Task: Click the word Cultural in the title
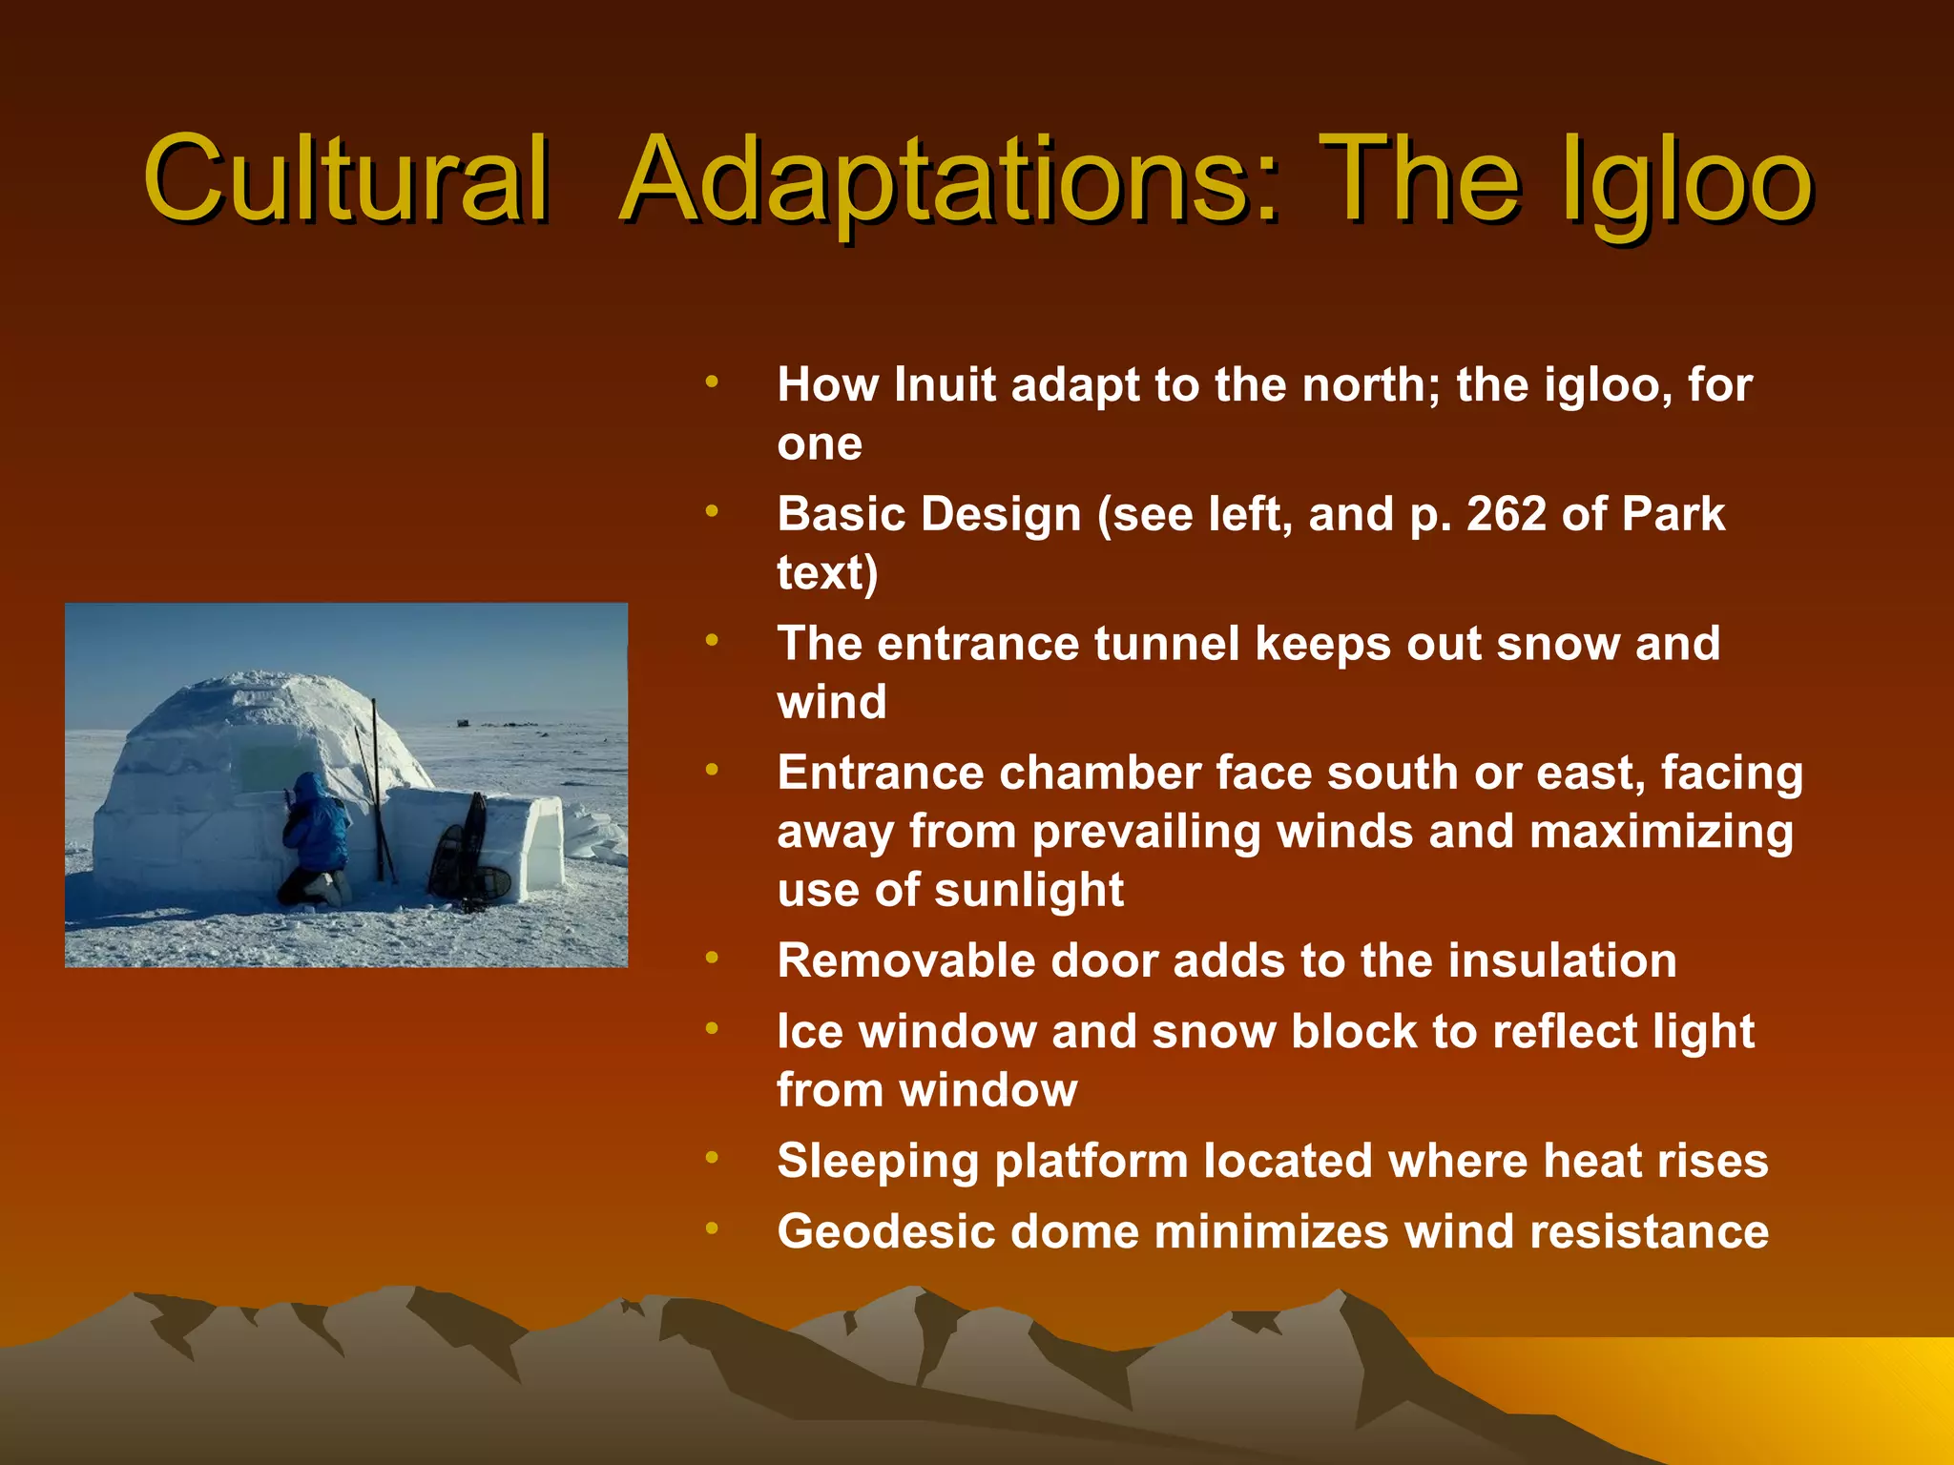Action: coord(345,179)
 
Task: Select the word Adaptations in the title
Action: coord(949,181)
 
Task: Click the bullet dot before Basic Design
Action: coord(711,512)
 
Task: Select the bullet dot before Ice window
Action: coord(711,1029)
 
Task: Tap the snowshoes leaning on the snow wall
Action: coord(468,854)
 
